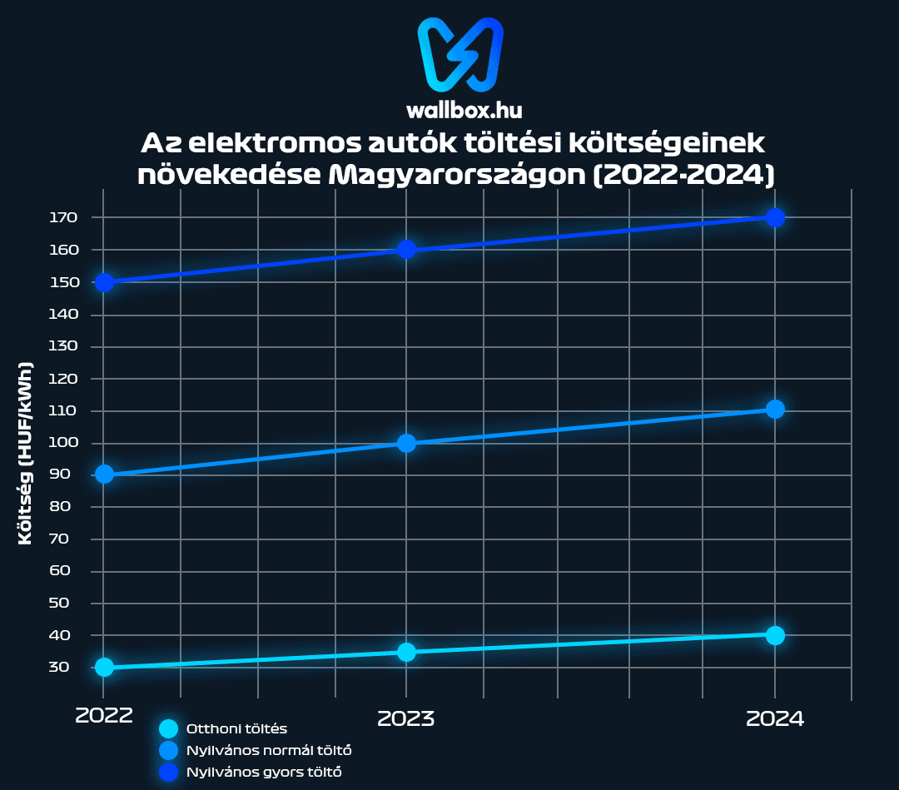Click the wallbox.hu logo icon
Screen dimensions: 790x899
[460, 54]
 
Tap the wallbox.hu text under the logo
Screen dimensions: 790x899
[464, 109]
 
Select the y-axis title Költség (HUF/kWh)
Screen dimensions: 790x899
[26, 453]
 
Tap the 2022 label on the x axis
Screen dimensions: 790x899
[104, 717]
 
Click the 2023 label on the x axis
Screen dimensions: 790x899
[406, 718]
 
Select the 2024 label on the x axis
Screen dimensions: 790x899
[775, 718]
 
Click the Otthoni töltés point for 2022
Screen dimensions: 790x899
[104, 667]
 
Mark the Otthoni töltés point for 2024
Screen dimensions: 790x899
[775, 635]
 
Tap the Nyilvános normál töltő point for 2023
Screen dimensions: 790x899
[406, 443]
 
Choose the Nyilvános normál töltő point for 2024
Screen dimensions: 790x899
[775, 409]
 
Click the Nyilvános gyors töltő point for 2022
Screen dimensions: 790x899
[104, 282]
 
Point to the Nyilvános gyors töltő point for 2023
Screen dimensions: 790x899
[406, 250]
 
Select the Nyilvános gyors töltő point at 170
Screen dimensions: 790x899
[775, 217]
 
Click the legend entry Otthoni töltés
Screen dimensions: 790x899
[237, 728]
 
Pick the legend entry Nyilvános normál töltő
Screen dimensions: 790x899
[263, 750]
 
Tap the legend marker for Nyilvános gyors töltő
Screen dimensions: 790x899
[169, 772]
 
